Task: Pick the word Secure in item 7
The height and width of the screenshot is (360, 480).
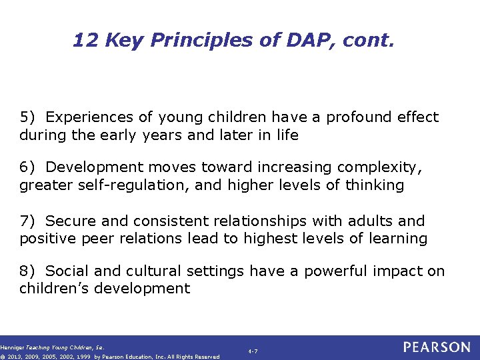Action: tap(68, 221)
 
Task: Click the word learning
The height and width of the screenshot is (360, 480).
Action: tap(397, 238)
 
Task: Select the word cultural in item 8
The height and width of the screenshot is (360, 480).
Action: tap(155, 271)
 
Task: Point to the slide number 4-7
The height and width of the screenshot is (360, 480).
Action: tap(253, 351)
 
